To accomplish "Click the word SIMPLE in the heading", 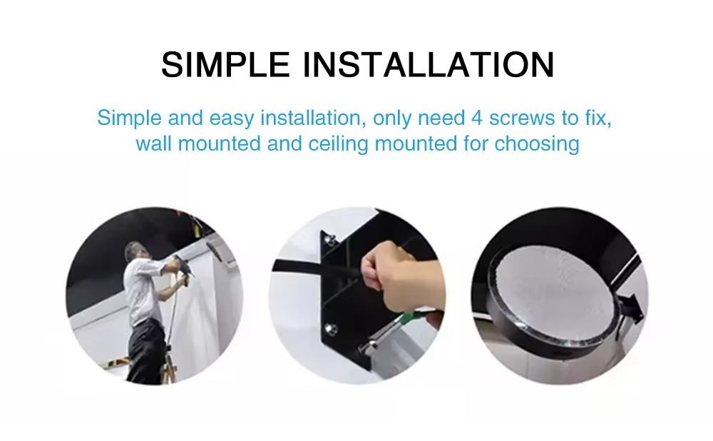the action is tap(225, 65).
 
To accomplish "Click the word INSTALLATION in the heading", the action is tap(429, 65).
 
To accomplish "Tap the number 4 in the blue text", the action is tap(476, 118).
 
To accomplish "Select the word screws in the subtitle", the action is tap(522, 118).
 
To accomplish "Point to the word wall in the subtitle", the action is tap(153, 143).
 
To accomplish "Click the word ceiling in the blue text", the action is tap(338, 144).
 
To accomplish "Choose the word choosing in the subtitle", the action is tap(537, 144).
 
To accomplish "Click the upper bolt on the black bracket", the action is tap(328, 238).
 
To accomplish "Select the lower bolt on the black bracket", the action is tap(331, 328).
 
